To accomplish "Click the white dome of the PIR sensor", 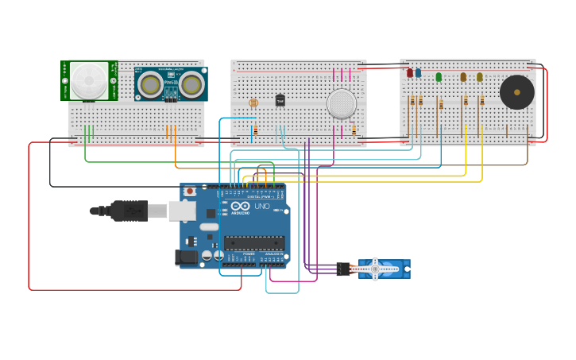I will [88, 79].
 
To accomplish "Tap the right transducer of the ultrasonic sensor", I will [191, 83].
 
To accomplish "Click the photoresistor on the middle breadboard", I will [253, 103].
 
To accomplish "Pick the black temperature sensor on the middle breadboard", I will [280, 101].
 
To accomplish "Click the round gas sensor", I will [342, 103].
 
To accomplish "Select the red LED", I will [410, 73].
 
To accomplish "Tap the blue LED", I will [419, 73].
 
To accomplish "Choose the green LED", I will [439, 77].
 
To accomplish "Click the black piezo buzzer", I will [517, 92].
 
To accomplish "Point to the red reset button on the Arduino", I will [190, 192].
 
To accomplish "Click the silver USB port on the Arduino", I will [182, 211].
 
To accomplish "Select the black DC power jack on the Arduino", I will [185, 257].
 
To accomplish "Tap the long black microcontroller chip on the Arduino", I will [254, 243].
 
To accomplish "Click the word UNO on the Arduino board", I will [262, 207].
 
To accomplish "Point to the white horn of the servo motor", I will [375, 269].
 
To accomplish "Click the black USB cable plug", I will [127, 211].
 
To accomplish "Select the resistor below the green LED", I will [441, 105].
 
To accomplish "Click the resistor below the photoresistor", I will [255, 130].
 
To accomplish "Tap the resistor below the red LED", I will [412, 101].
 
